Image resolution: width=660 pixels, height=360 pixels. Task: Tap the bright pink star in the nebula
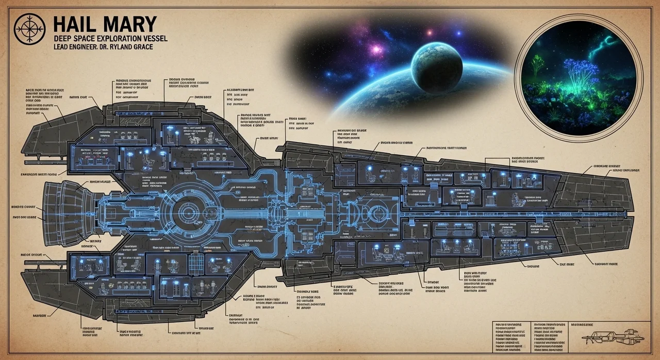(375, 50)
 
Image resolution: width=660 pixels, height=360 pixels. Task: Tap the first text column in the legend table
(509, 334)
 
